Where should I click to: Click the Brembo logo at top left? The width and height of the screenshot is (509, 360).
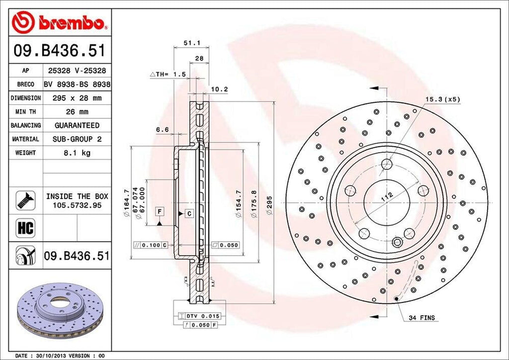60,22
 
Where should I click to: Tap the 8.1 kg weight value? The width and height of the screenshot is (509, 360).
77,153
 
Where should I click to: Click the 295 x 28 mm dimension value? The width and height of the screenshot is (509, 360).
77,98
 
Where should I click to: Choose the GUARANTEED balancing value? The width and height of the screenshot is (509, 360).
77,126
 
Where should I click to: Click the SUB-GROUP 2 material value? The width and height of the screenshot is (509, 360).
77,140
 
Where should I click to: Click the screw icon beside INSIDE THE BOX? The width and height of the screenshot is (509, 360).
25,200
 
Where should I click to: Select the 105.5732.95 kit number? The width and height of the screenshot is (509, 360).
77,205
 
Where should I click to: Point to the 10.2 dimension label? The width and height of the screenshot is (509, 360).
219,90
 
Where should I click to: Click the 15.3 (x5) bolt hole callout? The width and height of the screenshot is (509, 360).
442,99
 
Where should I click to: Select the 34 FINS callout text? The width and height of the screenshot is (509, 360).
422,318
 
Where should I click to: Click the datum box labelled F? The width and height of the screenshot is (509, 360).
159,212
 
